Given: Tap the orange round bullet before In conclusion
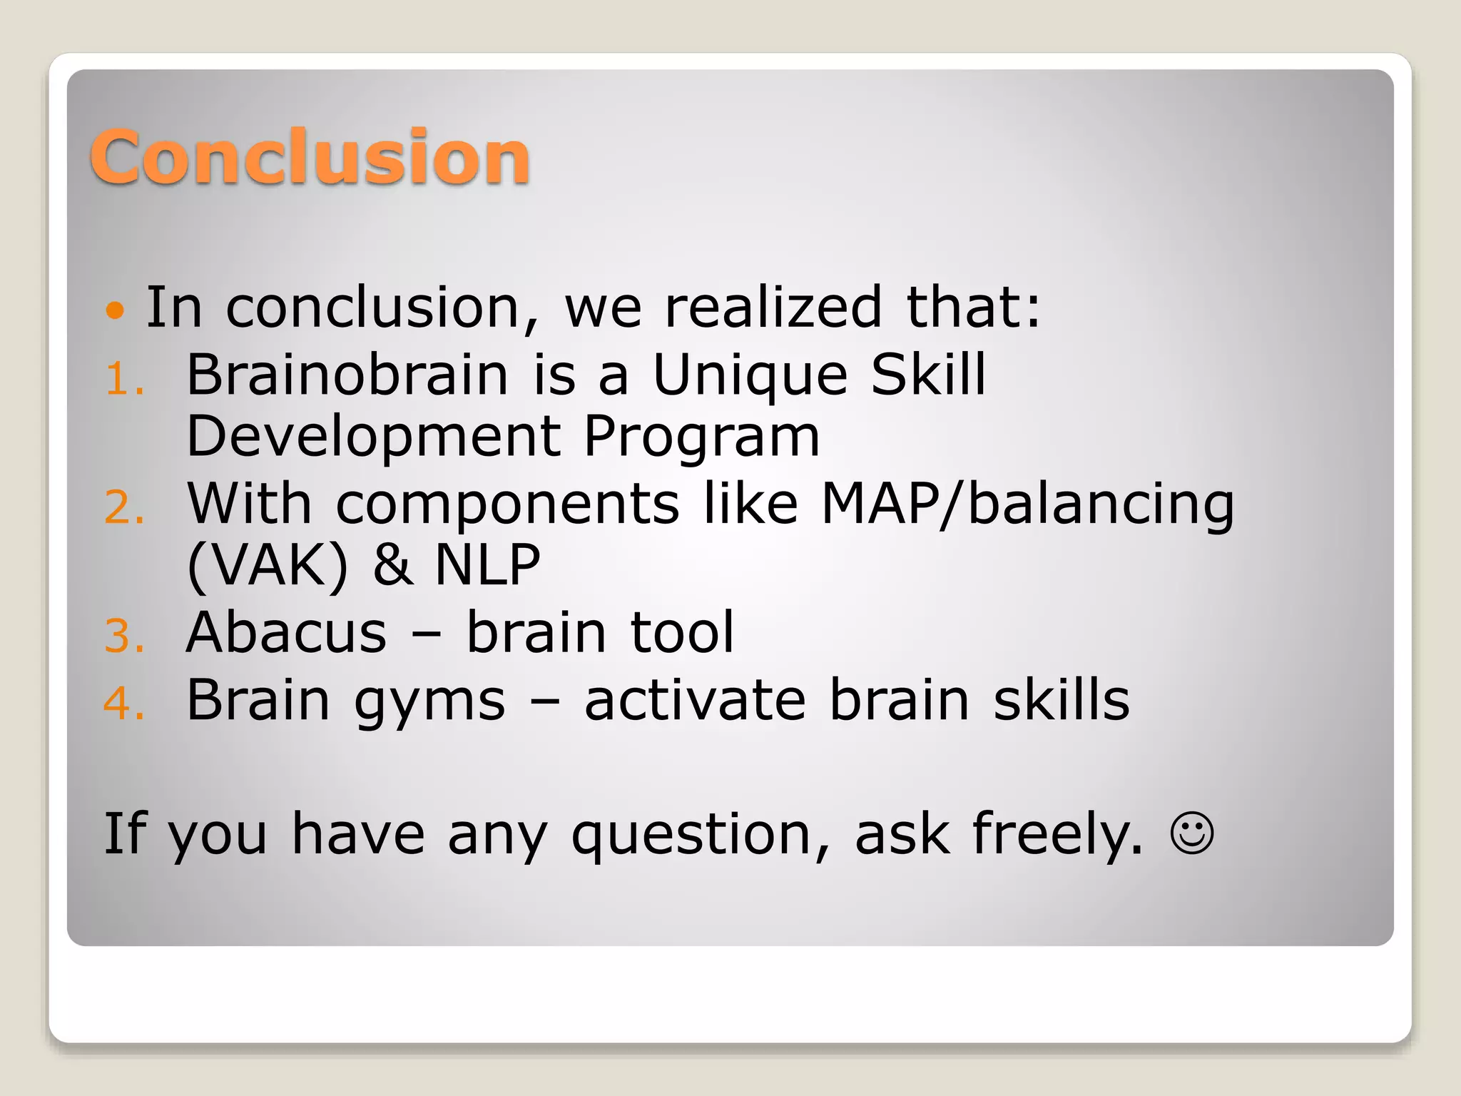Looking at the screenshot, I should click(115, 310).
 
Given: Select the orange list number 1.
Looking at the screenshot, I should click(124, 378).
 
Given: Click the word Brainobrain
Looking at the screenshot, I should click(347, 375).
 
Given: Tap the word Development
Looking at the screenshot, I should click(374, 437).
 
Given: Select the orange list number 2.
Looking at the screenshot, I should click(124, 507).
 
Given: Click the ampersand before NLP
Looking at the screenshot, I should click(392, 564).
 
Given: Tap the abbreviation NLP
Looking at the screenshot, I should click(488, 564).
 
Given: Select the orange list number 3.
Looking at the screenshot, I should click(124, 636).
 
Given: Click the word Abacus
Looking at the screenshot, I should click(286, 632).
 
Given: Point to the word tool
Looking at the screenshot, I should click(682, 632).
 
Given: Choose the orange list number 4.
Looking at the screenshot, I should click(124, 703).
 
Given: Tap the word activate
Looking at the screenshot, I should click(695, 700).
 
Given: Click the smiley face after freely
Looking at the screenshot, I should click(1192, 833).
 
